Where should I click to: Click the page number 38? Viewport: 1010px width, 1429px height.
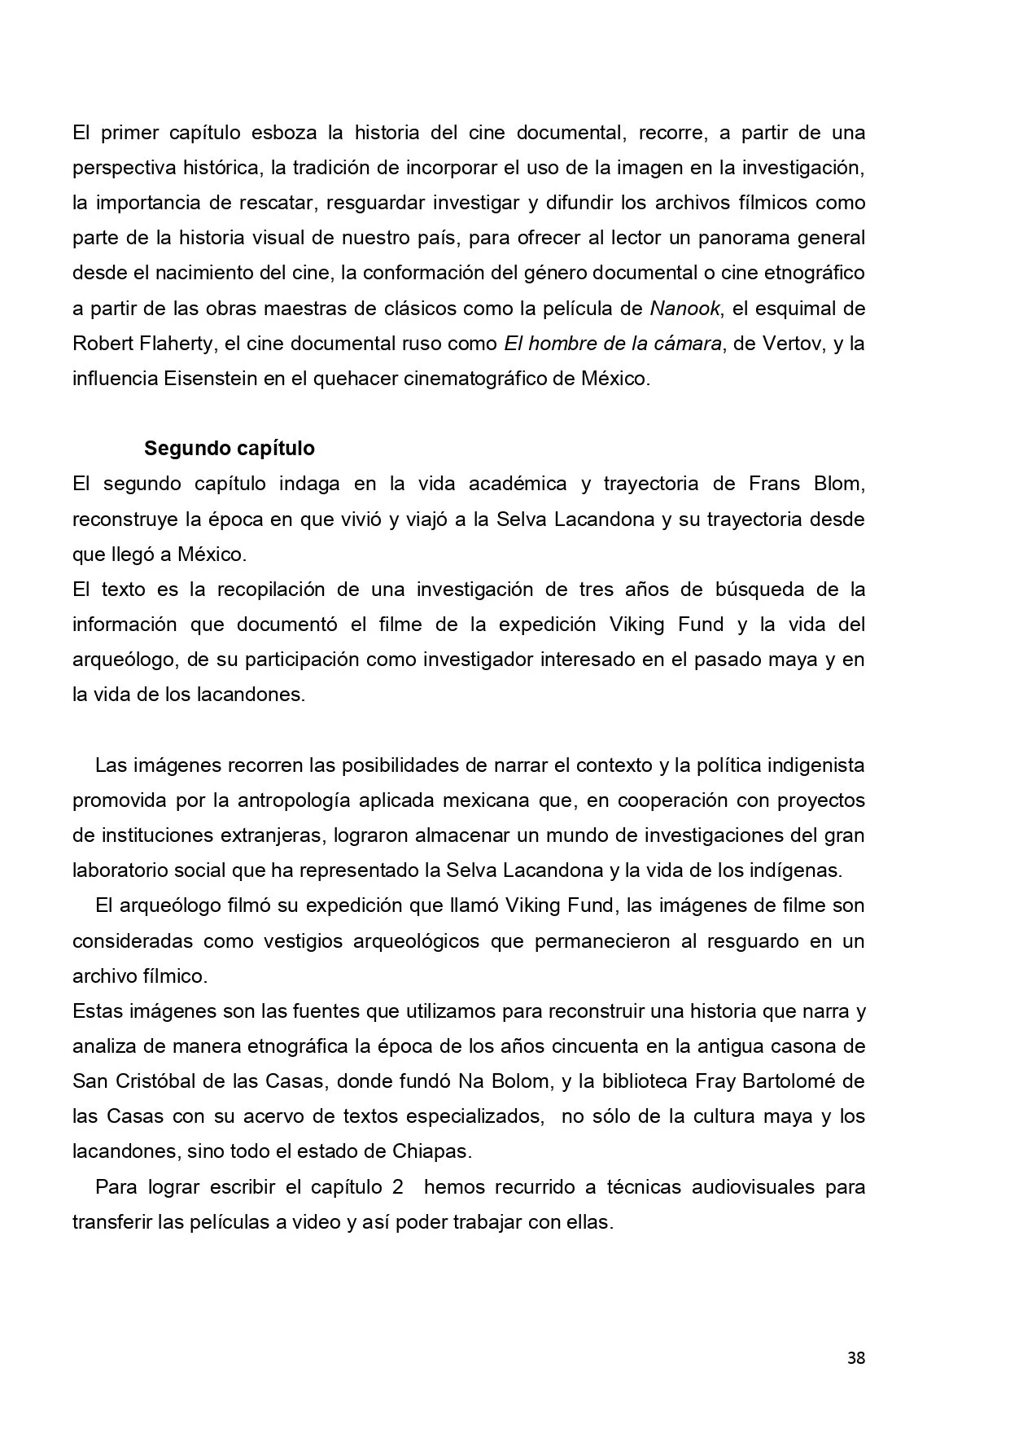tap(855, 1357)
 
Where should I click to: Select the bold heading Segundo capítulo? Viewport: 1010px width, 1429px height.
tap(229, 448)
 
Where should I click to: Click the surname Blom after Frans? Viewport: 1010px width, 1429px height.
tap(838, 484)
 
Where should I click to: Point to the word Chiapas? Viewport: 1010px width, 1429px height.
tap(432, 1151)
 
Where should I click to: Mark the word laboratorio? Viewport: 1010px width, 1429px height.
tap(120, 870)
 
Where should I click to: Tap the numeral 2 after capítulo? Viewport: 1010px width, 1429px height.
tap(397, 1186)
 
